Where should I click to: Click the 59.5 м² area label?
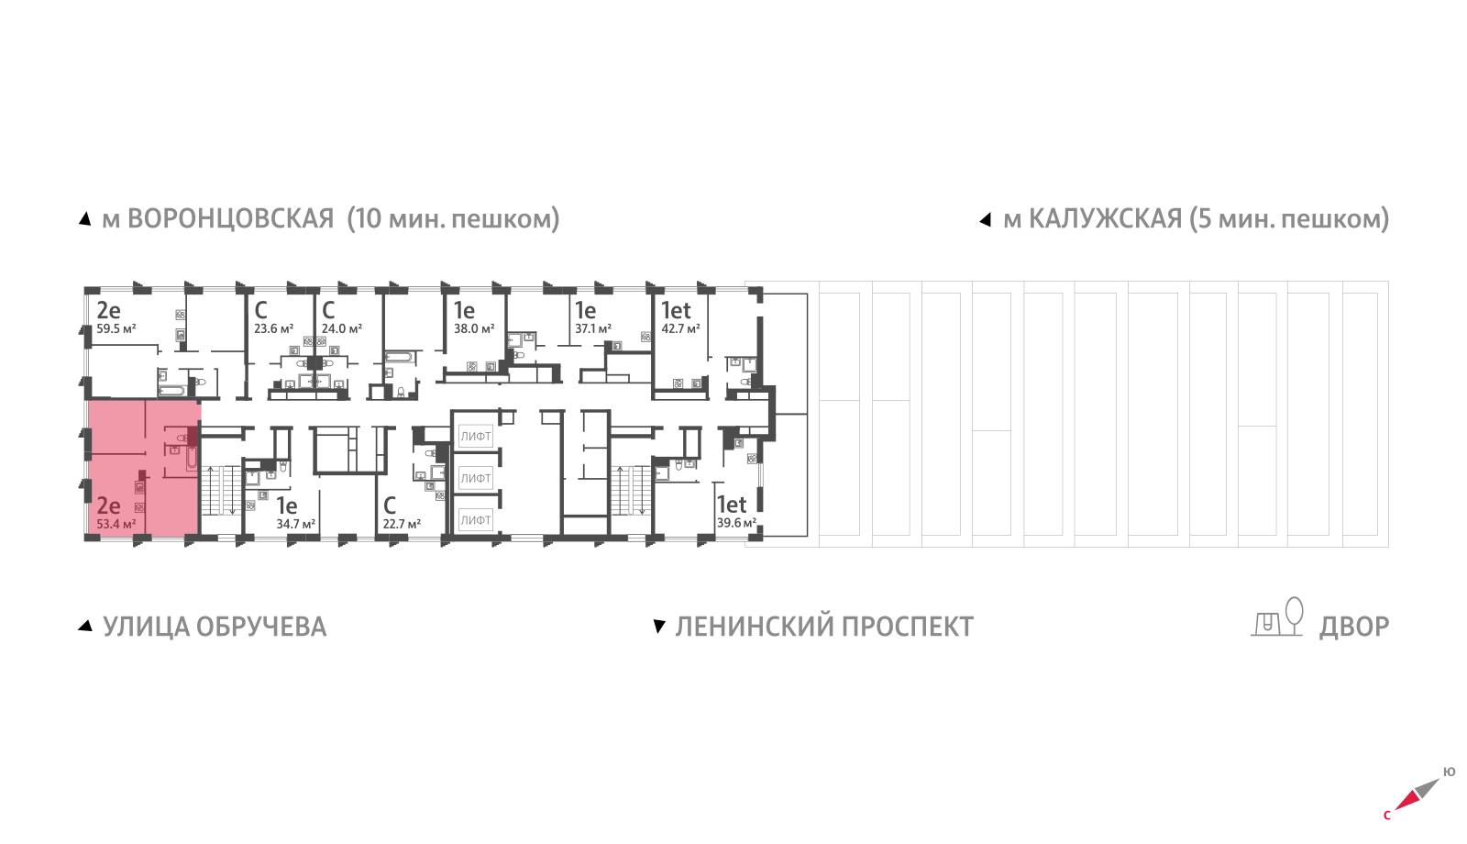coord(116,328)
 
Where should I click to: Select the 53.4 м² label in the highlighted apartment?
coord(116,525)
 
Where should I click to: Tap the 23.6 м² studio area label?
coord(273,328)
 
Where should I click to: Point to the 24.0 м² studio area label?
coord(341,328)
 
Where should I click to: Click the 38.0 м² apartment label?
coord(474,328)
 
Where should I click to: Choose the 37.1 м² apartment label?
coord(593,328)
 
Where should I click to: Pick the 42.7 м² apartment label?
coord(680,328)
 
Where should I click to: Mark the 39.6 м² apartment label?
coord(736,523)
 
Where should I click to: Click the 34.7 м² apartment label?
coord(295,525)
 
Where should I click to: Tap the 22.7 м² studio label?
coord(402,525)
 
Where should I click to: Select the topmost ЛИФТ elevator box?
coord(476,437)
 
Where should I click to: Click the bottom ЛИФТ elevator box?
coord(476,520)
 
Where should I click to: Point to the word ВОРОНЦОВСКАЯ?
coord(230,219)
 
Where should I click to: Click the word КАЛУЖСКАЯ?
coord(1105,219)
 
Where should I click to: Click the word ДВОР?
coord(1354,627)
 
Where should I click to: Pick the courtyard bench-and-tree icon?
coord(1278,617)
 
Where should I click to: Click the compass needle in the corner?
coord(1417,794)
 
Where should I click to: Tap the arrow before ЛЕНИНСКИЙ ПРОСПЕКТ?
coord(658,627)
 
